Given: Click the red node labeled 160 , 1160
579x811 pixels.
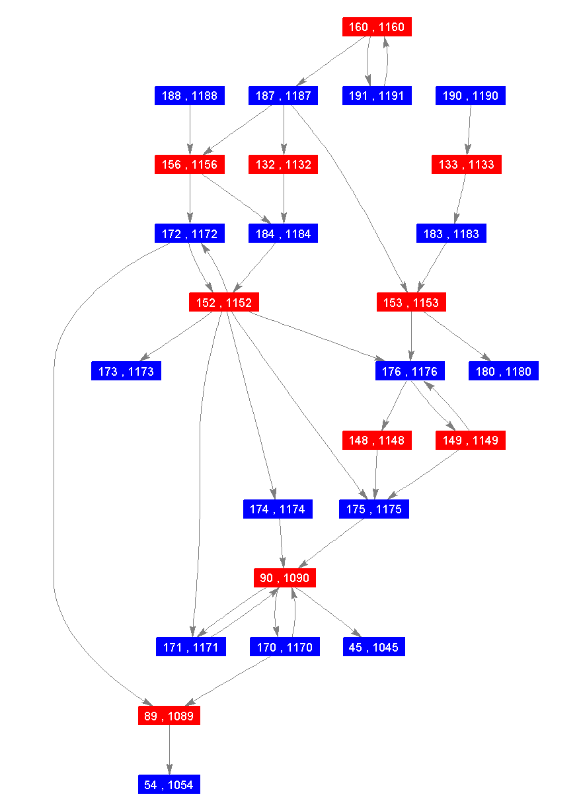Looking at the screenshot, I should coord(377,27).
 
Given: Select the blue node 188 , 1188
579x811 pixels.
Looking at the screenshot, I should coord(190,96).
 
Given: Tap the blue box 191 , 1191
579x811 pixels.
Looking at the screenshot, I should coord(377,96).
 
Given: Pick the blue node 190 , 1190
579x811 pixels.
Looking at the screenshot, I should coord(471,96).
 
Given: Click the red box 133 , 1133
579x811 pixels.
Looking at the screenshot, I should coord(467,165).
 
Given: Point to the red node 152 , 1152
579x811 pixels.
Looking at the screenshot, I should coord(224,302).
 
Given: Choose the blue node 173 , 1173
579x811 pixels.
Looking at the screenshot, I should coord(126,371).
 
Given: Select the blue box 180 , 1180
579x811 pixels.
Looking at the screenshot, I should coord(504,371).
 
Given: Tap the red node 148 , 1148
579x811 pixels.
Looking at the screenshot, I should coord(377,440).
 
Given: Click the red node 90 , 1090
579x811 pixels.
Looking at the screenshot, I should coord(284,577).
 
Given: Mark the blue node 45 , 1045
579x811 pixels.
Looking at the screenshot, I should coord(374,646).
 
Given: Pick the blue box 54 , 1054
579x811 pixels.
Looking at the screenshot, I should coord(169,784).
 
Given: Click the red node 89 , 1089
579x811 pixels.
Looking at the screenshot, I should coord(169,715).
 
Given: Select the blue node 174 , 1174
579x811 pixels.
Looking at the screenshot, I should coord(278,509).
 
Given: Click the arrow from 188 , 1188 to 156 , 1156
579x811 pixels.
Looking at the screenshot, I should coord(190,130).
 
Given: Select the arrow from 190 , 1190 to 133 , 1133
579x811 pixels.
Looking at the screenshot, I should coord(469,130).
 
